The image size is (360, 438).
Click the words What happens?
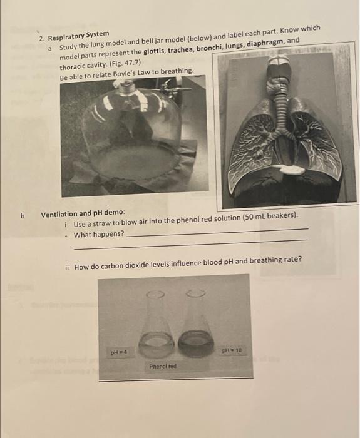point(99,235)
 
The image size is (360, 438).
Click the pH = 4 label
point(118,353)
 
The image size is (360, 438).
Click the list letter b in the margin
point(23,216)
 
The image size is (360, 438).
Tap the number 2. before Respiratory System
point(41,38)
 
